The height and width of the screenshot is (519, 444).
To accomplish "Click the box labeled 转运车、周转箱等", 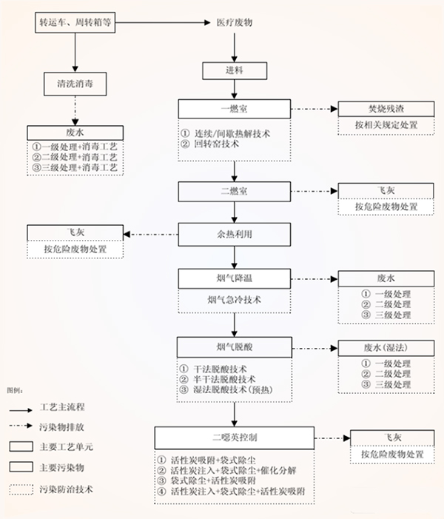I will (75, 23).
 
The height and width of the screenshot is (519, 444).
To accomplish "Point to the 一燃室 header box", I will (234, 109).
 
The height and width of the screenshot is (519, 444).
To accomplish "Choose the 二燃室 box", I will (234, 191).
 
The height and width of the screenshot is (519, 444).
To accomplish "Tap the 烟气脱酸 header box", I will (234, 346).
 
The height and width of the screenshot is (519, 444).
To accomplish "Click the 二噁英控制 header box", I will (234, 436).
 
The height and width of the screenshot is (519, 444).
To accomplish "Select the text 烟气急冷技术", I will (234, 301).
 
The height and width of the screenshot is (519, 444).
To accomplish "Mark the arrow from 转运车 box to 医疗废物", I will (161, 24).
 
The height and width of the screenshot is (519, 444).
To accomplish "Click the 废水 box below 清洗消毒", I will (75, 132).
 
